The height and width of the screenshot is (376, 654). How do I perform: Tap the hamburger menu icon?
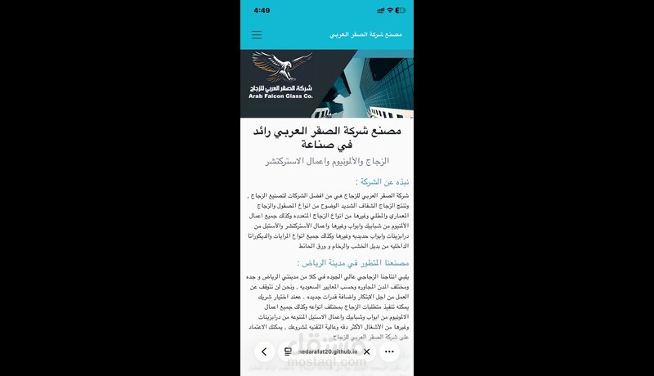point(257,35)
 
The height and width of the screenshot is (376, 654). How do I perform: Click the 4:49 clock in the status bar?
point(262,11)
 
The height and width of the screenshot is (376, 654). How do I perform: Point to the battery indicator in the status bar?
point(401,11)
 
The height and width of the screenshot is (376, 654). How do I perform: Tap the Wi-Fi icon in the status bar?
point(388,11)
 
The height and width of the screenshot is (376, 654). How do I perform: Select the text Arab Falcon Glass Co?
point(280,96)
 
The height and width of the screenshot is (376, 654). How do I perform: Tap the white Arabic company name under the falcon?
point(280,87)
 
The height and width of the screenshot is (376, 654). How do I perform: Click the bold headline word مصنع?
point(385,130)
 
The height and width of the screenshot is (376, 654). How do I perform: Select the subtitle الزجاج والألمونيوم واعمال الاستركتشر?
point(326,162)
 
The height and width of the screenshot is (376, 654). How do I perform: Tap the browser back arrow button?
point(264,352)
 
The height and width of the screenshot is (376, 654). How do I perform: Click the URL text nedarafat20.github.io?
point(328,352)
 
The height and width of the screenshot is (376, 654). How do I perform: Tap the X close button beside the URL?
point(367,352)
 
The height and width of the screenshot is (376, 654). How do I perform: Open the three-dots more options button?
point(390,352)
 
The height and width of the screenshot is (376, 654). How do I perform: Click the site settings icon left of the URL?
point(288,352)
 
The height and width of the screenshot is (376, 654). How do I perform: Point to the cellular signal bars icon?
point(377,11)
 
